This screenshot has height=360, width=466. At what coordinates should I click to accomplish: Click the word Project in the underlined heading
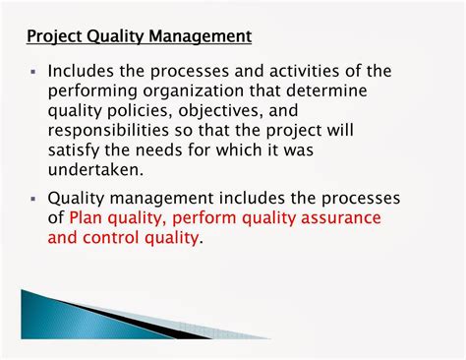53,37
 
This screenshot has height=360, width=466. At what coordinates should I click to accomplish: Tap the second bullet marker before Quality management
33,200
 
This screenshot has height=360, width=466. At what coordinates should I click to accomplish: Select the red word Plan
87,218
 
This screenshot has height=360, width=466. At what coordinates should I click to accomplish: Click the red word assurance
338,218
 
